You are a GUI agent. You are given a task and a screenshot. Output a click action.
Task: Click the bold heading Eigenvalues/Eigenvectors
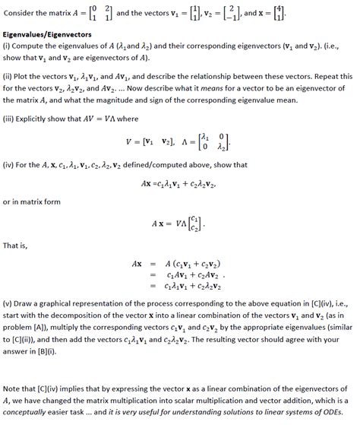point(47,35)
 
